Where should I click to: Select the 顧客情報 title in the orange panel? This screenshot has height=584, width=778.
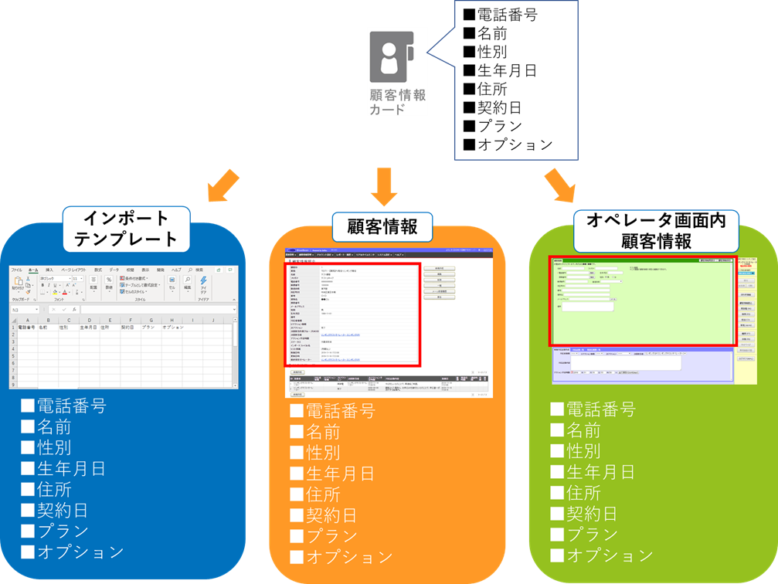383,227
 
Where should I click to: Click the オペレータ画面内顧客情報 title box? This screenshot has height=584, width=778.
655,231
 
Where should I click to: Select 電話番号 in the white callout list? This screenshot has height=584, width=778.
507,15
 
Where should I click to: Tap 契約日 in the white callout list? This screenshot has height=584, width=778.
499,107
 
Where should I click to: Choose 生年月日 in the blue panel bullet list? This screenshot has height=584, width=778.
70,469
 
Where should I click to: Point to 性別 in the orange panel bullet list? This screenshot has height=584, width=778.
322,453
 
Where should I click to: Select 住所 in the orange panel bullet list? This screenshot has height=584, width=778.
322,494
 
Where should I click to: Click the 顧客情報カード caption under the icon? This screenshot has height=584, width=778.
397,102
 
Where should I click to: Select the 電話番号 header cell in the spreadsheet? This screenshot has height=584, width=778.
27,328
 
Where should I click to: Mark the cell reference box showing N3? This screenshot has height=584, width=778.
23,310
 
